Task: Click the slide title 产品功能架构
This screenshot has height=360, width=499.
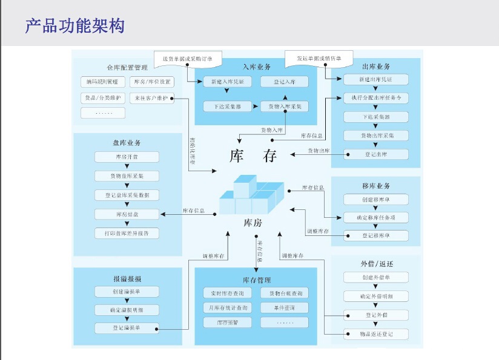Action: click(75, 26)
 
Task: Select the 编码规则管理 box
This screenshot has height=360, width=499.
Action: click(103, 82)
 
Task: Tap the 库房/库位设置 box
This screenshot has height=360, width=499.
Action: click(152, 82)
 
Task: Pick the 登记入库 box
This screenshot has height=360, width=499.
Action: click(285, 82)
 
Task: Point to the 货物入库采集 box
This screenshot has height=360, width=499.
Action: click(285, 106)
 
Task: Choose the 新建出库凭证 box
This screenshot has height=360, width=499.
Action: click(376, 80)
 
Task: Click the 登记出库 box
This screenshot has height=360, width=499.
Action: click(376, 154)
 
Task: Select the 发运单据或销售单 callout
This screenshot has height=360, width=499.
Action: click(319, 58)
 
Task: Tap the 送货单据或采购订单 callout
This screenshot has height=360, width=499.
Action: click(188, 58)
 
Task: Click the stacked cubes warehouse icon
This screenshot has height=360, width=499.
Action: click(247, 195)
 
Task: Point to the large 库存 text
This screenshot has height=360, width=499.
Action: click(253, 155)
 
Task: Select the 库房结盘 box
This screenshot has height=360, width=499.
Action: click(127, 214)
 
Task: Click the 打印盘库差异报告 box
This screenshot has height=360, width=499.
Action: click(127, 233)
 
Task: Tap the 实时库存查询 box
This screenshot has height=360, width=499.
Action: click(226, 293)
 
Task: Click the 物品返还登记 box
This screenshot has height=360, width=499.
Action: click(376, 334)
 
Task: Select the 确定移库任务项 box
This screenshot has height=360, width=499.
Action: click(376, 217)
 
